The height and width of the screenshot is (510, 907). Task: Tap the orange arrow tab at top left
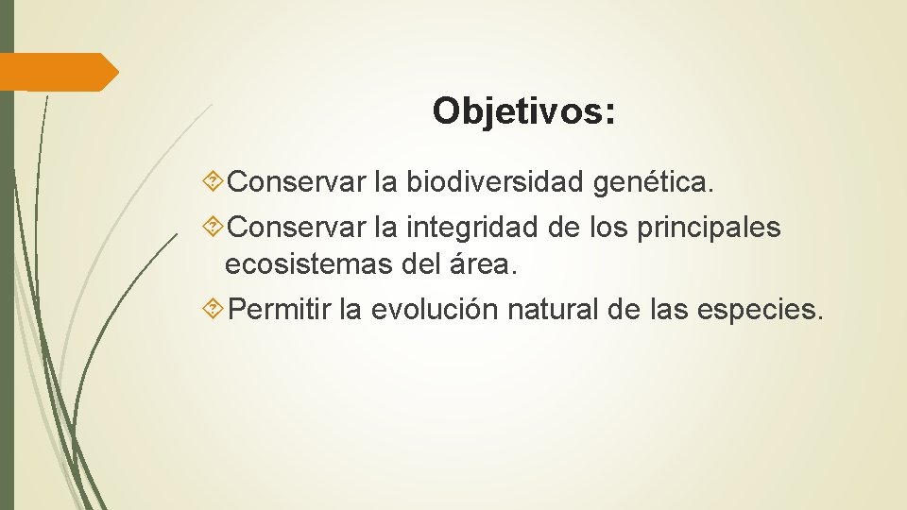point(59,73)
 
